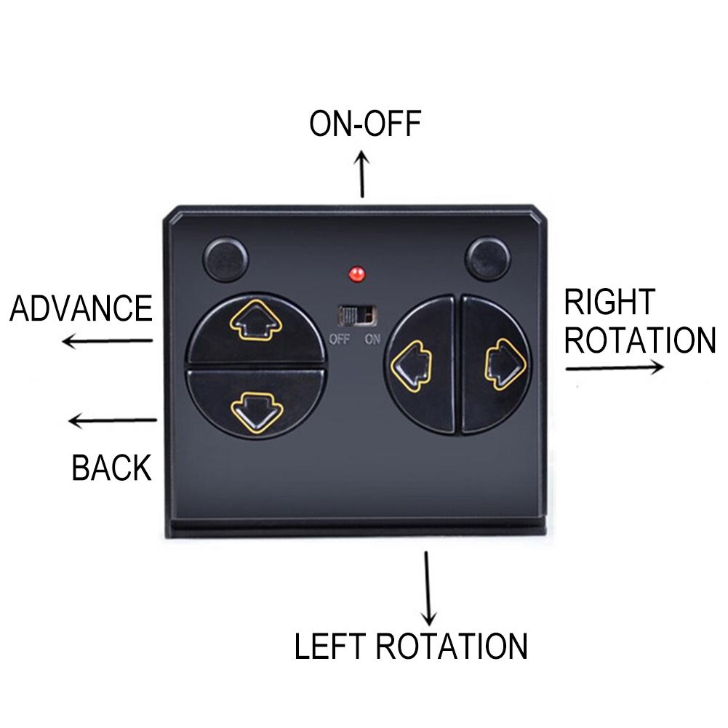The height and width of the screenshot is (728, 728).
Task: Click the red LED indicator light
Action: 356,274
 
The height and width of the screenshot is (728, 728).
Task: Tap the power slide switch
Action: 356,316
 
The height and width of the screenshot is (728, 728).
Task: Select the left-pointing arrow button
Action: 419,365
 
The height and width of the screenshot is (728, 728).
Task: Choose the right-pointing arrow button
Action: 496,365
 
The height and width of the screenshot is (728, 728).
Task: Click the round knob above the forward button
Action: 226,259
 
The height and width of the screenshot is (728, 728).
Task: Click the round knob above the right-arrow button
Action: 487,258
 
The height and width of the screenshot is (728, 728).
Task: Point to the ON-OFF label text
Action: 365,124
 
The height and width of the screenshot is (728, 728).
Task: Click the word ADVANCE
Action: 81,308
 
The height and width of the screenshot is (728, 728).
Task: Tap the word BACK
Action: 111,468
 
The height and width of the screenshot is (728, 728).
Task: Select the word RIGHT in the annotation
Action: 609,303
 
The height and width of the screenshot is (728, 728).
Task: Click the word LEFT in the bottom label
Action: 329,646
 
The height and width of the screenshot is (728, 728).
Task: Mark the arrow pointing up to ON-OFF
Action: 361,174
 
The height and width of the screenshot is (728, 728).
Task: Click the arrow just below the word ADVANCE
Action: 108,341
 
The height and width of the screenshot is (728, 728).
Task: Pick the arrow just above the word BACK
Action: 113,420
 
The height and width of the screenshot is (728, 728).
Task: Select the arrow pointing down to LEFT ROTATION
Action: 428,588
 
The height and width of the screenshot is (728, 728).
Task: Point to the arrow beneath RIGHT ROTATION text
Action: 615,368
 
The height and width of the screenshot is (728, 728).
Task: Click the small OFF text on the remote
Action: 339,340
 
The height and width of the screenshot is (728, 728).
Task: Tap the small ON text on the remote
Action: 372,340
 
